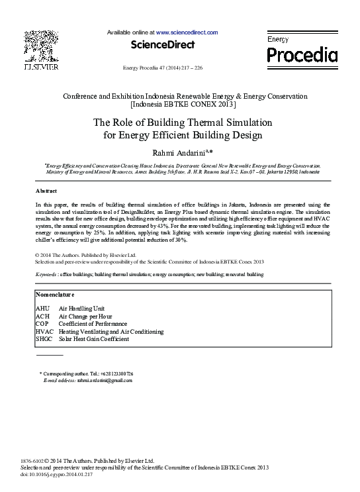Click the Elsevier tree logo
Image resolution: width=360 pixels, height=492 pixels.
coord(41,46)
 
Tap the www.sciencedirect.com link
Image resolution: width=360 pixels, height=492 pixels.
coord(187,32)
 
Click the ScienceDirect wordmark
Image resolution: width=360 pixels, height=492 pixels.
coord(163,45)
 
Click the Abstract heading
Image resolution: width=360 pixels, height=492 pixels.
coord(46,190)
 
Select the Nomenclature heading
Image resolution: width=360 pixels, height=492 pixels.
coord(54,294)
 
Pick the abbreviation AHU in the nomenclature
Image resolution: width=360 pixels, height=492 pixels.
coord(42,309)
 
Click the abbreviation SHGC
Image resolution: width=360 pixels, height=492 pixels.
coord(44,339)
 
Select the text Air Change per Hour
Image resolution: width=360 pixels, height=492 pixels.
coord(85,317)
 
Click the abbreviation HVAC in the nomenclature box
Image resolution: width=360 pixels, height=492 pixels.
coord(44,332)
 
